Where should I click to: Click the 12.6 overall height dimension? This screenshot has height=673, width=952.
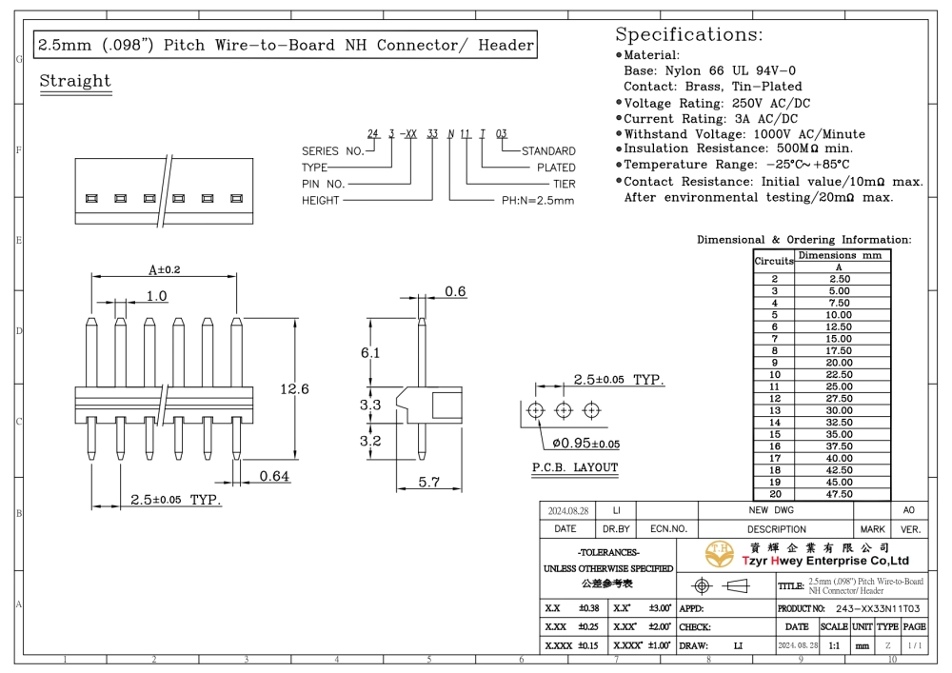click(294, 389)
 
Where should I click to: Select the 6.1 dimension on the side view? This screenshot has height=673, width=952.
click(370, 352)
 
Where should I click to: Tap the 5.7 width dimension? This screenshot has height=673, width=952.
click(428, 482)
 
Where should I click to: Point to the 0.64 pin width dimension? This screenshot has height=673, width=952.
click(274, 476)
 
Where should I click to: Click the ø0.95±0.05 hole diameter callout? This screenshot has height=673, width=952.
click(585, 444)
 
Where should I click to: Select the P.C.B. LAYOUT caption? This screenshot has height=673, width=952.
click(575, 467)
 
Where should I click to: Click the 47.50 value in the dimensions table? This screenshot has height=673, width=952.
click(839, 494)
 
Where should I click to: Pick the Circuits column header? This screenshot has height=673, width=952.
click(774, 261)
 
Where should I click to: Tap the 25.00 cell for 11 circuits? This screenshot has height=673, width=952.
click(839, 386)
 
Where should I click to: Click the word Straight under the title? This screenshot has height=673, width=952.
click(75, 81)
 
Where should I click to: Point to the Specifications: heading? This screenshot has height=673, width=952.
click(689, 34)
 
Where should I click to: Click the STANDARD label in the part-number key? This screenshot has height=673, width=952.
click(548, 151)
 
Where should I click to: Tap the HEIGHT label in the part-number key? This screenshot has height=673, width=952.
click(321, 200)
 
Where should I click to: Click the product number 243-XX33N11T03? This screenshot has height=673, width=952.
click(878, 608)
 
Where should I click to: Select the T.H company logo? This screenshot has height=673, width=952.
click(720, 553)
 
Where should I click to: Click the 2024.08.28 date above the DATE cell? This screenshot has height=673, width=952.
click(568, 511)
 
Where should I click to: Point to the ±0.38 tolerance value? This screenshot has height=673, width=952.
click(589, 608)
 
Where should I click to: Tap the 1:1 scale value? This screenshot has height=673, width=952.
click(834, 645)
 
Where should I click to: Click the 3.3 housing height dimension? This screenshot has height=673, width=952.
click(370, 405)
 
